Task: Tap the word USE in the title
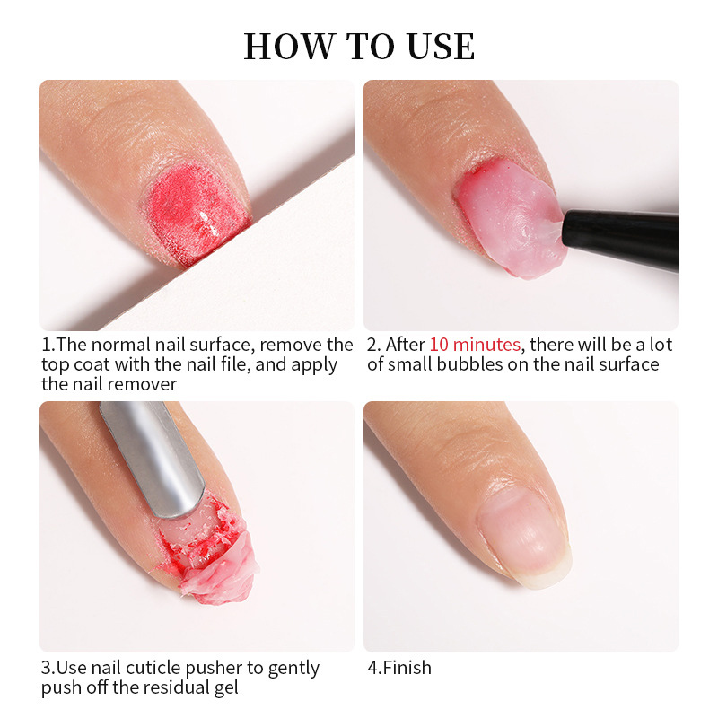[x=441, y=47]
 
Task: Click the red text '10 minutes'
[x=475, y=345]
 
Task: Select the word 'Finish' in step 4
[x=407, y=668]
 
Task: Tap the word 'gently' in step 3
[x=293, y=669]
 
